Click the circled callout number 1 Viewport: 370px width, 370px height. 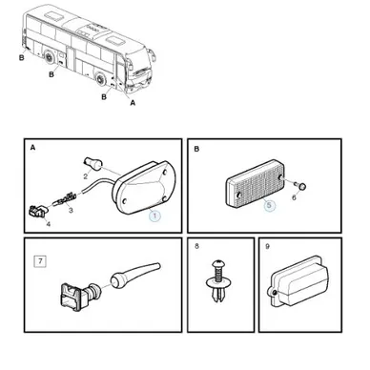click(x=154, y=216)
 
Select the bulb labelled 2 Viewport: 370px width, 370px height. click(x=93, y=163)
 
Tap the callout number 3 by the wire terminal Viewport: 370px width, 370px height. click(x=71, y=210)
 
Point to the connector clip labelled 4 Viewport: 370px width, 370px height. click(x=38, y=212)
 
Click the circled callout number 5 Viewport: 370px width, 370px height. click(x=269, y=205)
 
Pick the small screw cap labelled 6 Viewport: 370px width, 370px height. click(x=302, y=187)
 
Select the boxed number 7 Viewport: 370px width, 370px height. click(x=40, y=261)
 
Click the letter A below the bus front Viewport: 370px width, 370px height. click(x=133, y=103)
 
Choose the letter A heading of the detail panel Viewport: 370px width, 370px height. click(x=32, y=148)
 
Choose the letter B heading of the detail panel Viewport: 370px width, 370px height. click(x=196, y=149)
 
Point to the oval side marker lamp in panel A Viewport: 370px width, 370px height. click(x=145, y=188)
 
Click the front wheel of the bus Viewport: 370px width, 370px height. click(x=101, y=79)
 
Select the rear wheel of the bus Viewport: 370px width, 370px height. click(x=50, y=57)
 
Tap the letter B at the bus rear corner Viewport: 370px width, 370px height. click(x=22, y=58)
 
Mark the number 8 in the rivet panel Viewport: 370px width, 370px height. click(x=196, y=246)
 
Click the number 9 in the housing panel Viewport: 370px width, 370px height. click(x=267, y=247)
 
